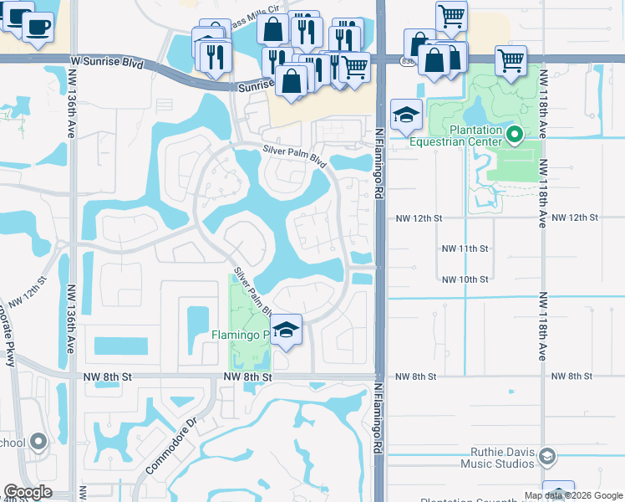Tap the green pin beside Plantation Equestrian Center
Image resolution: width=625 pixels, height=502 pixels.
516,133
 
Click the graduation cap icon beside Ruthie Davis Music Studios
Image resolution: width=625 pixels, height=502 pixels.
546,456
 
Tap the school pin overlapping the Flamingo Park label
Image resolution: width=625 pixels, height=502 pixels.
285,330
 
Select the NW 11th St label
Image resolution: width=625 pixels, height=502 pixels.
464,248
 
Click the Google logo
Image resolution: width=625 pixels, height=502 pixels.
28,492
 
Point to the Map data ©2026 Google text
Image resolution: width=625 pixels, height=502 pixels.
572,495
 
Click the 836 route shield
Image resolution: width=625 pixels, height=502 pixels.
407,62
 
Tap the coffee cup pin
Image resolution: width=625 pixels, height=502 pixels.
36,26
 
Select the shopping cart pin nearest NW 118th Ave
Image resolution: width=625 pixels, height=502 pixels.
511,59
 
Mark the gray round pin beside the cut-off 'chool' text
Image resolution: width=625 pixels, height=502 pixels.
38,443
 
